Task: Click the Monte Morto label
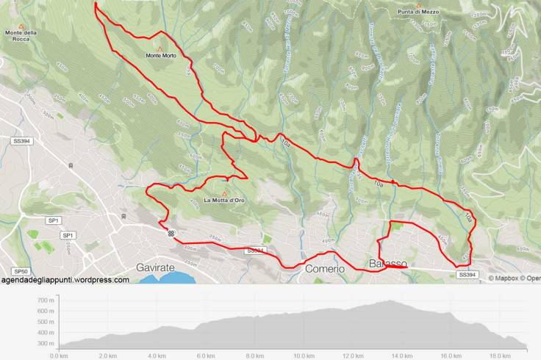[161, 56]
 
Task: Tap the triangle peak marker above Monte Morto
[160, 48]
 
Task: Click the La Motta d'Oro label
[224, 201]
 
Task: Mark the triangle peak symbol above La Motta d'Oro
[224, 193]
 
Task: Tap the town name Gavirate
[155, 268]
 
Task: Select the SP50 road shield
[21, 271]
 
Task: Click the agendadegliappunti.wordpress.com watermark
[65, 280]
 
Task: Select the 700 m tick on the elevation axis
[45, 300]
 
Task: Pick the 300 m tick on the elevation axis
[45, 343]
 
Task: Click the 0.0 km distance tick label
[59, 356]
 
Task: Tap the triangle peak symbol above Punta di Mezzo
[419, 4]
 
